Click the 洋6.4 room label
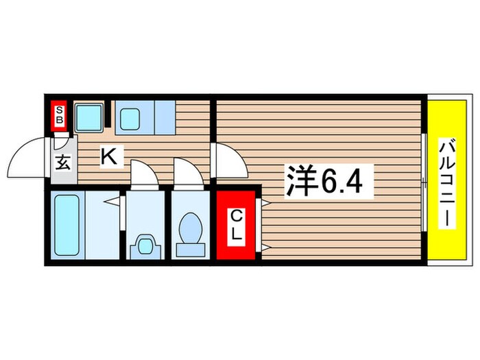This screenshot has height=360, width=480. pos(328,182)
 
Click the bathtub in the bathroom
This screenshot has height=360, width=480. pos(67,224)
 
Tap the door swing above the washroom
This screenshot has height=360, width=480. pos(145,171)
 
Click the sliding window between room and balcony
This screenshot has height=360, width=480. pos(424,182)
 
